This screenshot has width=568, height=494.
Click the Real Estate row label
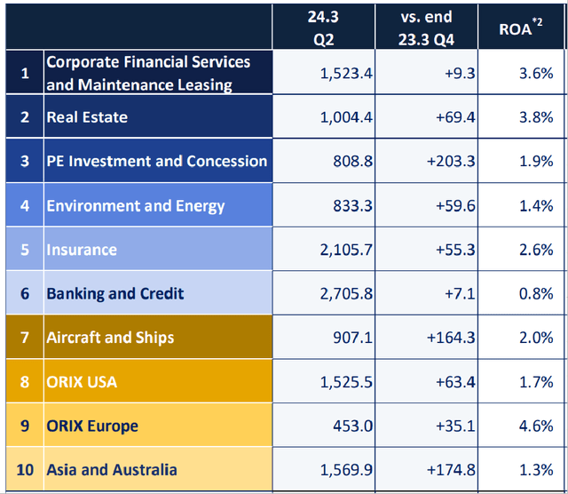[x=87, y=117]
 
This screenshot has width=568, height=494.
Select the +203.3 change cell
[x=451, y=162]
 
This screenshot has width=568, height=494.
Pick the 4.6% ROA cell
[x=536, y=426]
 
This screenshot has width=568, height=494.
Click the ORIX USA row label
[x=82, y=382]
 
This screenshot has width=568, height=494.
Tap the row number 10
[x=25, y=470]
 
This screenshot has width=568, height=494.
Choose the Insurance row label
[x=82, y=250]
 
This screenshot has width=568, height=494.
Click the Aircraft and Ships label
[x=110, y=338]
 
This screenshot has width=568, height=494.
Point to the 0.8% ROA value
[x=536, y=293]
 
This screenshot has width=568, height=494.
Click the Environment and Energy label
[x=136, y=206]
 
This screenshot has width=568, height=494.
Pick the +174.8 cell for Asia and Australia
[x=451, y=470]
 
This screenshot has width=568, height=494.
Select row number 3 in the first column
[x=25, y=162]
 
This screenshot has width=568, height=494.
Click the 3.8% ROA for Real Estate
[x=536, y=117]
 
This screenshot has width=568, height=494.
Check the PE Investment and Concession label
[x=157, y=162]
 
